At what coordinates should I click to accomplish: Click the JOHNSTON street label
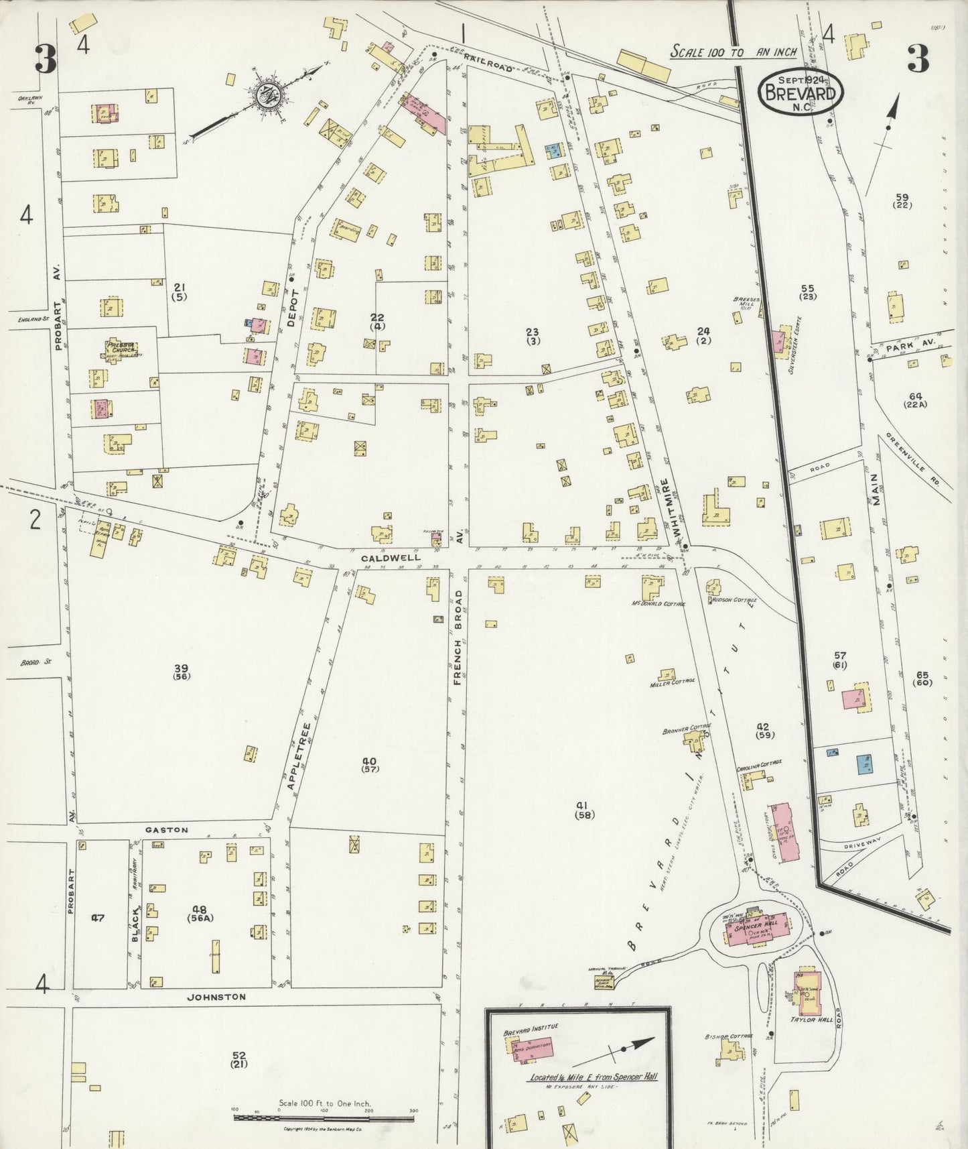pyautogui.click(x=216, y=997)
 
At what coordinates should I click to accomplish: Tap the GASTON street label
pyautogui.click(x=167, y=830)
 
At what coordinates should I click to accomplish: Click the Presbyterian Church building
pyautogui.click(x=121, y=349)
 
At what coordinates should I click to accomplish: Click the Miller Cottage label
pyautogui.click(x=672, y=684)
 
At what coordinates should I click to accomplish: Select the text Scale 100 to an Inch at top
pyautogui.click(x=734, y=52)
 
